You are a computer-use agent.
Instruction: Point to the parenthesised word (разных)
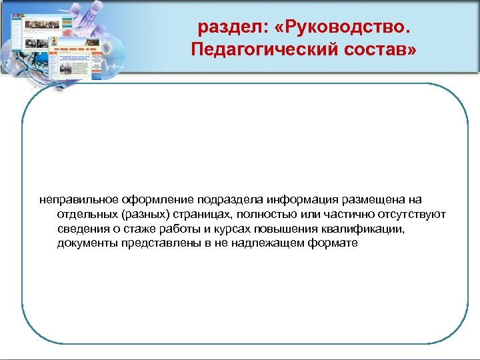pos(143,215)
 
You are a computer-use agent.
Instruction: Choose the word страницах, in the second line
pos(203,215)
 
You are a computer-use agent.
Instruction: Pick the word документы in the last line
pos(87,243)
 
